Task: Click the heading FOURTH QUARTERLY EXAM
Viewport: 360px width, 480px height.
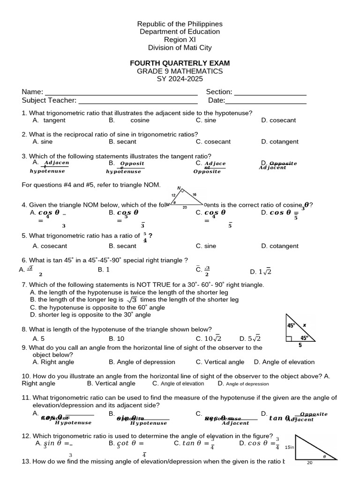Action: pos(180,63)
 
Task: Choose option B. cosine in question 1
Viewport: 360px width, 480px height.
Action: pos(129,120)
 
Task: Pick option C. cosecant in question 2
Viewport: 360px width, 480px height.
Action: pos(213,142)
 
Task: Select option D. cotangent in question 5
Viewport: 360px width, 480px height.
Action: pos(280,246)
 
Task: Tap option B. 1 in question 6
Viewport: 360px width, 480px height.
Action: pos(104,270)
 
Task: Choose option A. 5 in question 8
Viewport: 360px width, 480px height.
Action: pos(38,338)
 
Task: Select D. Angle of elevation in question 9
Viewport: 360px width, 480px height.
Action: pos(284,362)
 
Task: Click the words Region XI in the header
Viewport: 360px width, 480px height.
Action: pos(180,40)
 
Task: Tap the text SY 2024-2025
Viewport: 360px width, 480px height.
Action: pos(180,79)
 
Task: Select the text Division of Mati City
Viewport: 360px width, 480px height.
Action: pos(180,48)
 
